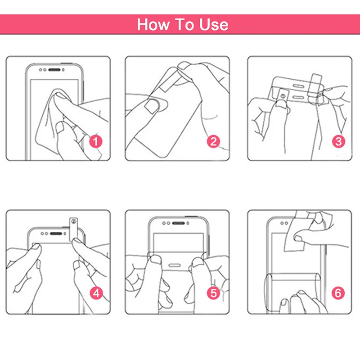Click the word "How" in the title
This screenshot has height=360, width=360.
[152, 24]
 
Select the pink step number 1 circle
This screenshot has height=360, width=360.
[95, 141]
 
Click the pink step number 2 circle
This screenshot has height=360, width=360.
[213, 141]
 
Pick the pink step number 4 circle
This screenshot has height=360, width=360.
[95, 293]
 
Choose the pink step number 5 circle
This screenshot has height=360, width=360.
[213, 293]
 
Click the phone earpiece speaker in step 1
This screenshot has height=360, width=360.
[57, 71]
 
